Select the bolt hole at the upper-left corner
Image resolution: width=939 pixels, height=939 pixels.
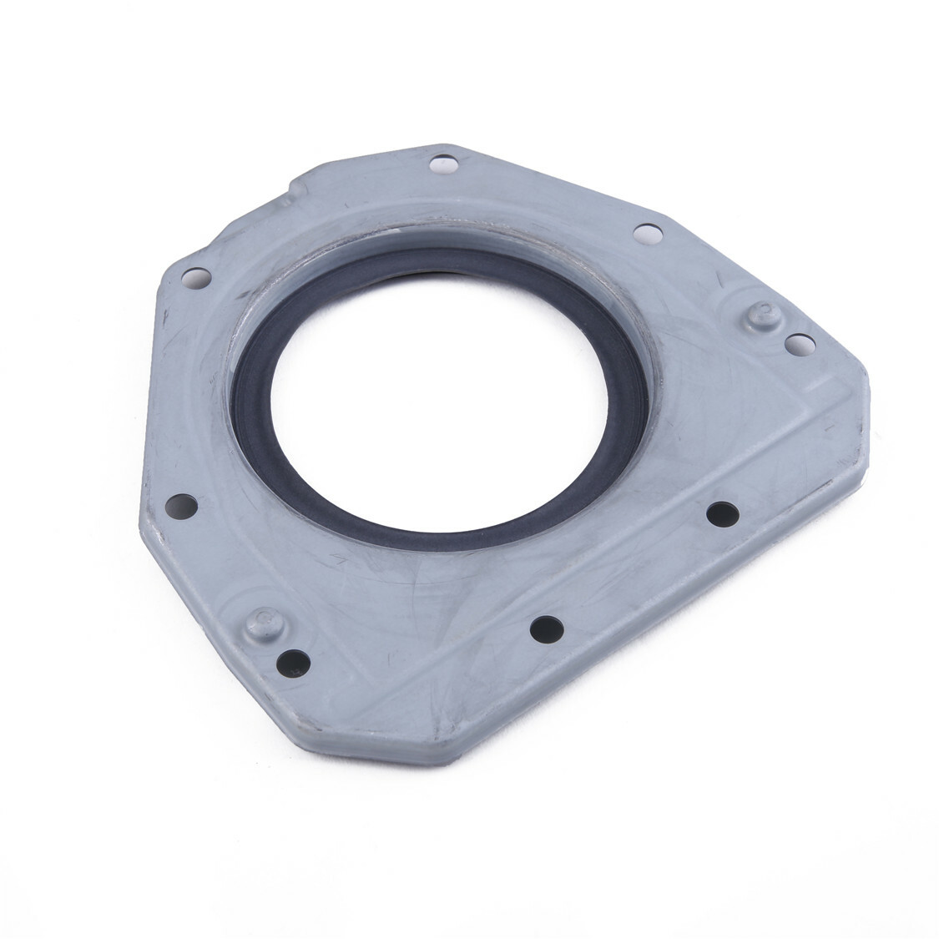click(x=194, y=275)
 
